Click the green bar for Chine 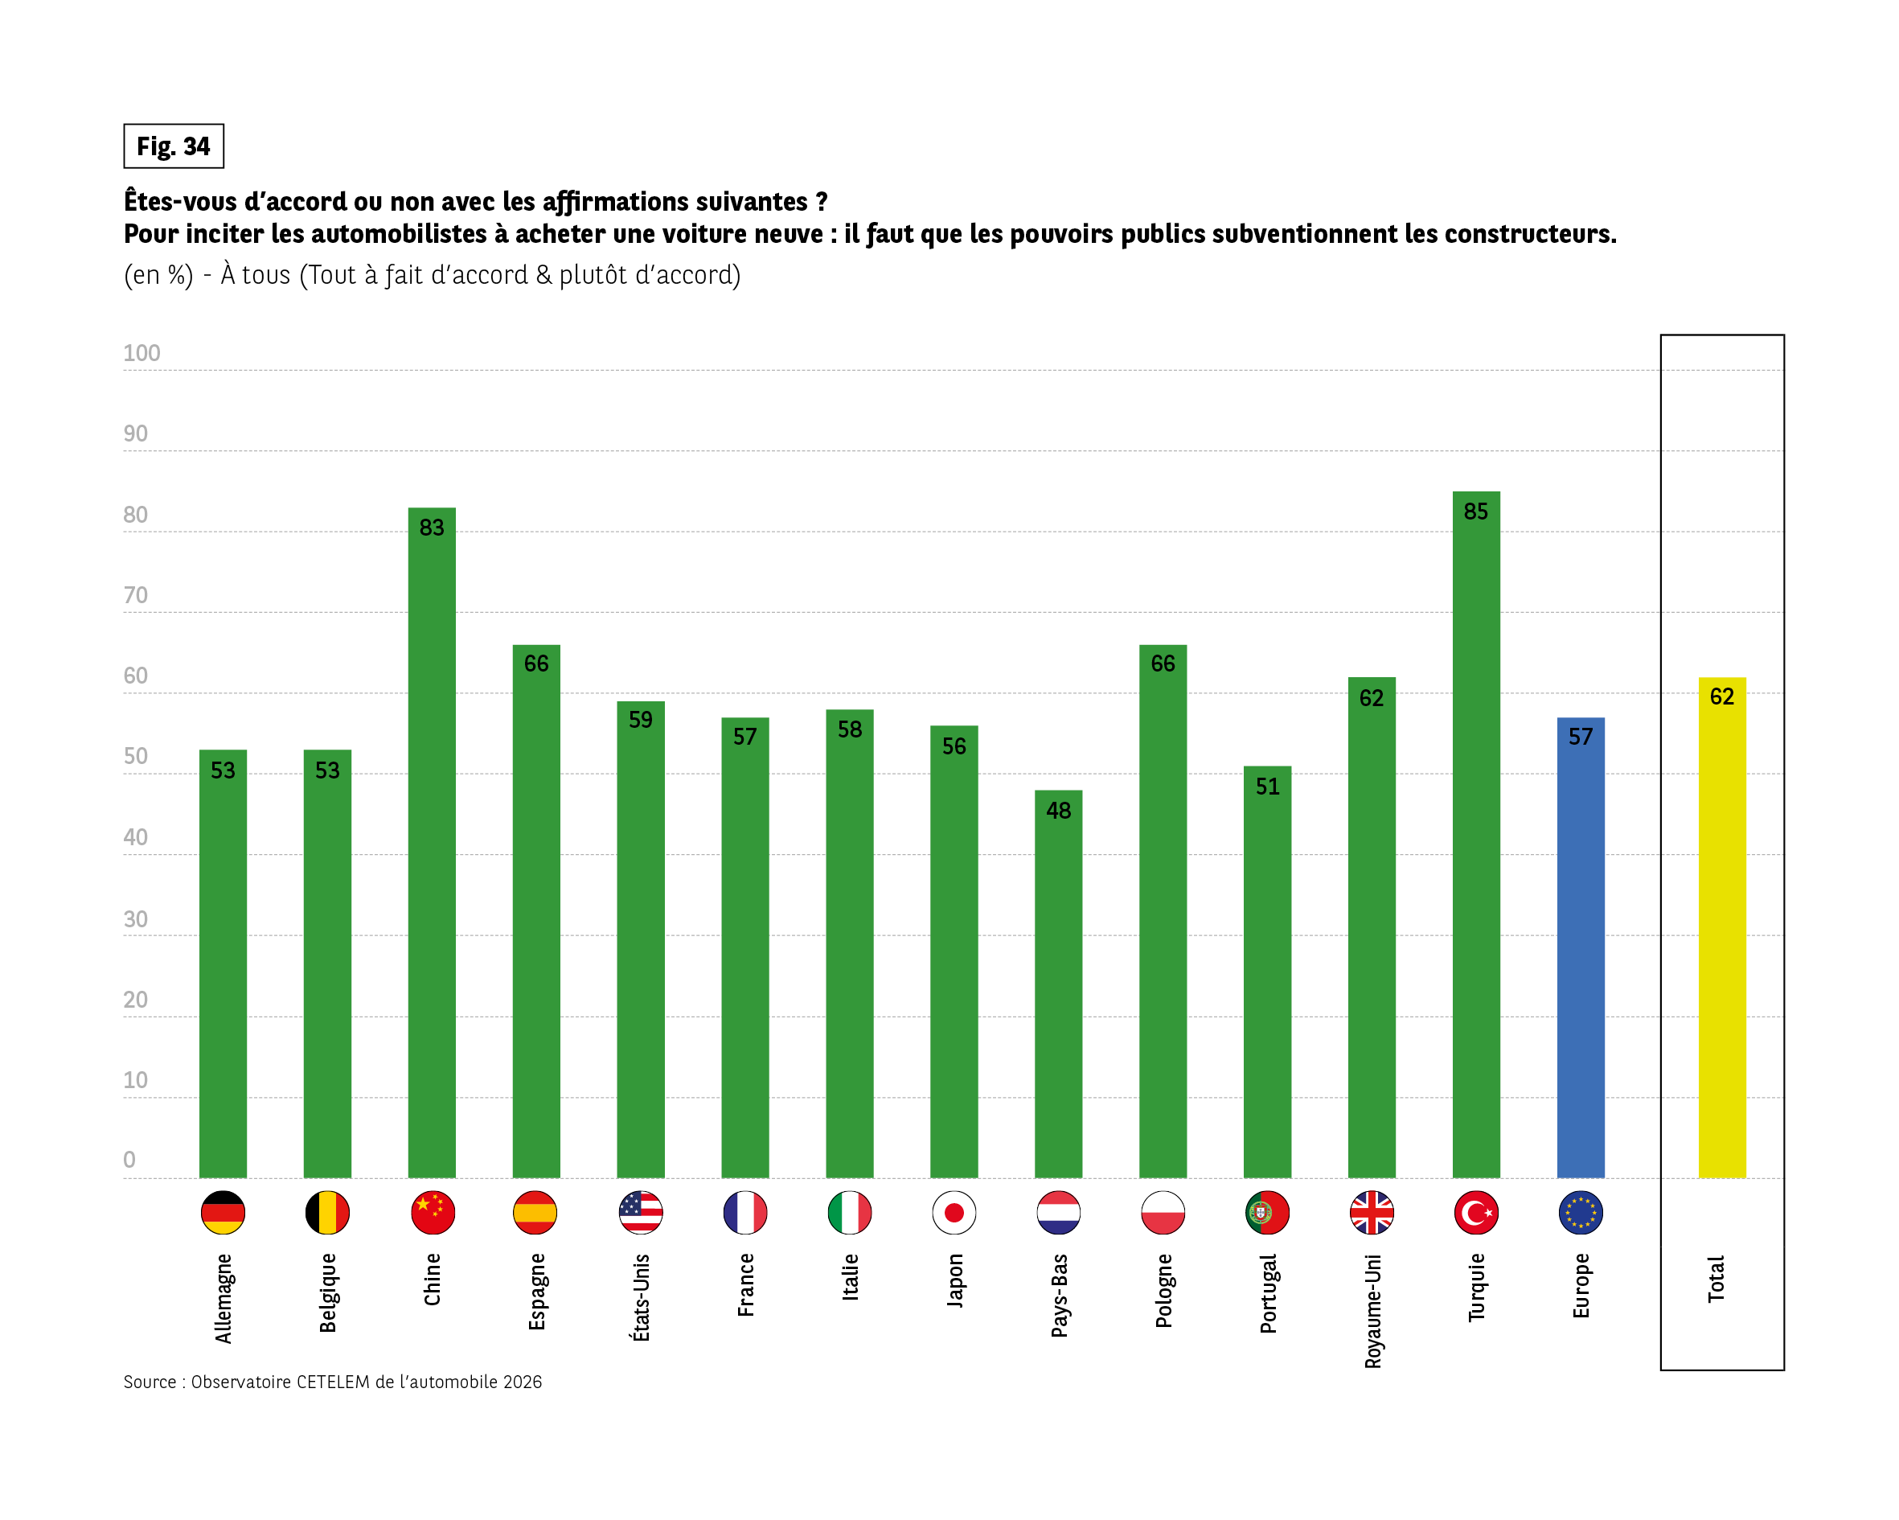(432, 846)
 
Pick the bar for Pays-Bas (1058, 987)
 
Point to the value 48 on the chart (1058, 811)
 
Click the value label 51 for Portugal (1266, 786)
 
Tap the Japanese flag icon (954, 1213)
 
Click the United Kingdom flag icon (1372, 1213)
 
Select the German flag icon (223, 1213)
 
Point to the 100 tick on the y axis (141, 353)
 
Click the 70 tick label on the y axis (136, 596)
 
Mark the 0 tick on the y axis (129, 1160)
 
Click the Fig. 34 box (174, 146)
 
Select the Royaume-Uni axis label (1372, 1310)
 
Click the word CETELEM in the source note (332, 1382)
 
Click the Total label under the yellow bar (1716, 1279)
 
